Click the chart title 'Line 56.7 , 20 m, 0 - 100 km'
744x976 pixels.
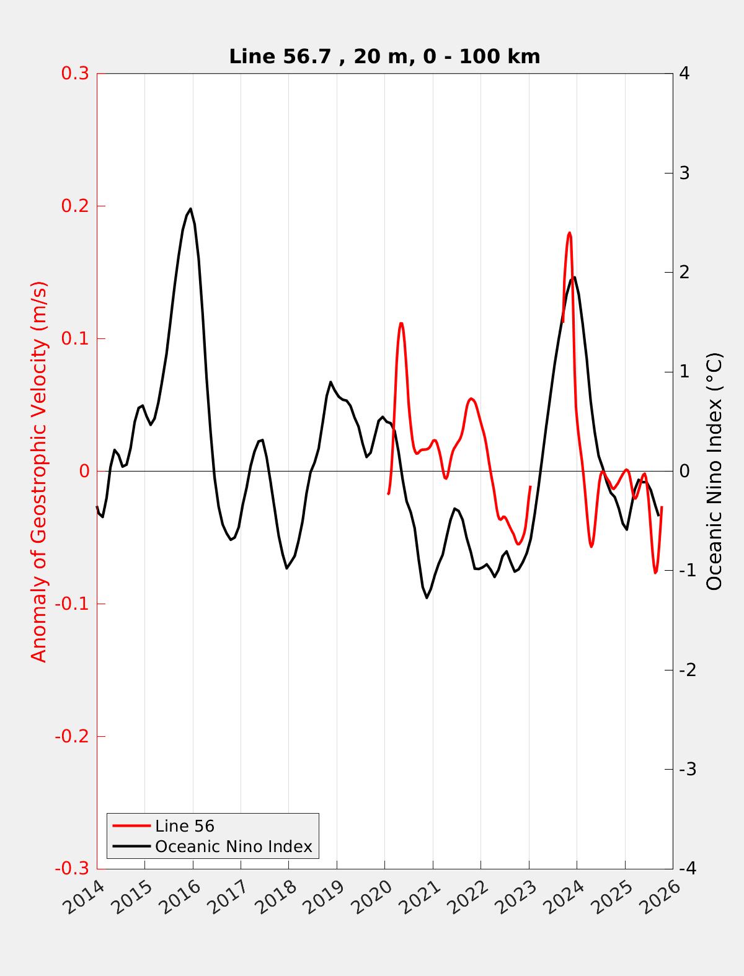point(384,56)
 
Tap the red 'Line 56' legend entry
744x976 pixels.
point(185,826)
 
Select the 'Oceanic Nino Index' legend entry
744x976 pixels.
point(233,846)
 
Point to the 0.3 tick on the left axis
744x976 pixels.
point(75,73)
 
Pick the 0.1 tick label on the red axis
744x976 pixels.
point(75,338)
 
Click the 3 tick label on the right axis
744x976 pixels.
point(684,173)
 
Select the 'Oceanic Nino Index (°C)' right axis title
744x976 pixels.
point(715,471)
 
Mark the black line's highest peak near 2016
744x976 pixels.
point(190,209)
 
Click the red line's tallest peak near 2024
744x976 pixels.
point(569,233)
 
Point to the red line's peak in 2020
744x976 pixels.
point(401,323)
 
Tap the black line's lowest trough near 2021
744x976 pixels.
point(427,597)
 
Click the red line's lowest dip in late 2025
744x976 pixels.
point(655,573)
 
